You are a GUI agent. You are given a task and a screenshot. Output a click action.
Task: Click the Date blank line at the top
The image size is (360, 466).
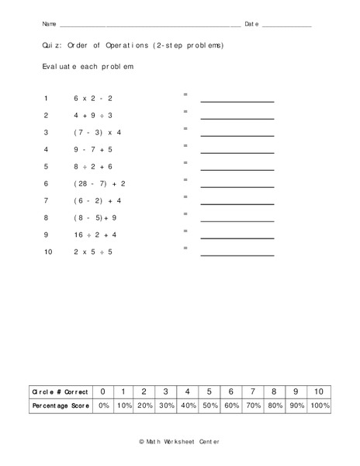(286, 26)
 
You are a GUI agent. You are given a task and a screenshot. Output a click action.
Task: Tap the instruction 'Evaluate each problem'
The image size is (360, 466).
(88, 67)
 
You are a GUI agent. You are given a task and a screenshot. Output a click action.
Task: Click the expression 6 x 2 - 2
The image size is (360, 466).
(93, 99)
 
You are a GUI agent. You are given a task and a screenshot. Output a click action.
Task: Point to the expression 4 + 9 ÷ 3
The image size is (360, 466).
(93, 116)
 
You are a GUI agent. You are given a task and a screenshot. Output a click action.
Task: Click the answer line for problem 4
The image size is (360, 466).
(237, 152)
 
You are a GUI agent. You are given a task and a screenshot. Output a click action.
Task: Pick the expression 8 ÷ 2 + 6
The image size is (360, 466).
(93, 167)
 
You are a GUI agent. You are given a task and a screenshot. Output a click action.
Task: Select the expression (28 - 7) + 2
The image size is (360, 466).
(99, 184)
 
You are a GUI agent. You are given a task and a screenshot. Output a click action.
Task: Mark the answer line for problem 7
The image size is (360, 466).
(237, 203)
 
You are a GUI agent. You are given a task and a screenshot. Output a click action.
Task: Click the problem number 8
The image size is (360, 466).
(46, 218)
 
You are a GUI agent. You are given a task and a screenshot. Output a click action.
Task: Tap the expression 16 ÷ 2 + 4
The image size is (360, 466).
(95, 235)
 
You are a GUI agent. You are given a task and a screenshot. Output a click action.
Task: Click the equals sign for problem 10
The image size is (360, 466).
(185, 248)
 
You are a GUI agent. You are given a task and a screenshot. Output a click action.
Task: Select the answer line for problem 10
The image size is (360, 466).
(237, 255)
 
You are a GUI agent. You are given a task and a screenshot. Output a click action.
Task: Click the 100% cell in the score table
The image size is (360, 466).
(319, 406)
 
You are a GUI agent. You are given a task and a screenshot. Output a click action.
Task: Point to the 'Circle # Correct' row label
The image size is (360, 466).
(59, 391)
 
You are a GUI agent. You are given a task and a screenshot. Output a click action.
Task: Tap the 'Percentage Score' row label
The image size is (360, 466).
(59, 406)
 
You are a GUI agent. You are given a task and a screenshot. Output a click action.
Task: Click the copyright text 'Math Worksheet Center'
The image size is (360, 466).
(180, 441)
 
